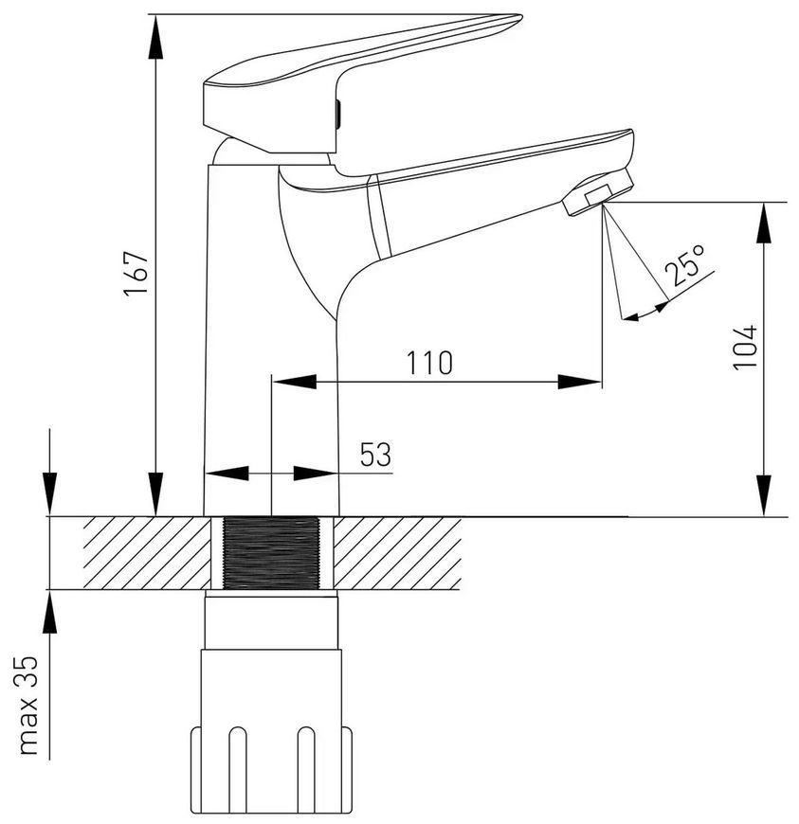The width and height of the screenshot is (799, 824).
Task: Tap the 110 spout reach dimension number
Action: (429, 363)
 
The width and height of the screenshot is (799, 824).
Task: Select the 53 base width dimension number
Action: (375, 455)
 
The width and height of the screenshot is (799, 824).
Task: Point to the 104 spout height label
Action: (745, 348)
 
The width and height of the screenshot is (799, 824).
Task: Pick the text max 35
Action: (28, 706)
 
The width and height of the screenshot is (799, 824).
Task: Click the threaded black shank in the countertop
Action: (271, 552)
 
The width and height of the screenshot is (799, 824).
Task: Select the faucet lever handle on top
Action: (363, 84)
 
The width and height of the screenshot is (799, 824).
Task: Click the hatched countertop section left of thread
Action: (147, 553)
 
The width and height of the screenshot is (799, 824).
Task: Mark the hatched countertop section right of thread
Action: (397, 553)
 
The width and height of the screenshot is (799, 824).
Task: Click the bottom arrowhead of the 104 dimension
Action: (764, 495)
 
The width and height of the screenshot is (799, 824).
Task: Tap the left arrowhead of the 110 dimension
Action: (294, 382)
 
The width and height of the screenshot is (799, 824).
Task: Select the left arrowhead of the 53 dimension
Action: (227, 473)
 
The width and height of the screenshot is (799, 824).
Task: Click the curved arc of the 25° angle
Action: (646, 313)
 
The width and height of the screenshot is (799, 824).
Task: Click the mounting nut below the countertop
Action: (271, 731)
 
